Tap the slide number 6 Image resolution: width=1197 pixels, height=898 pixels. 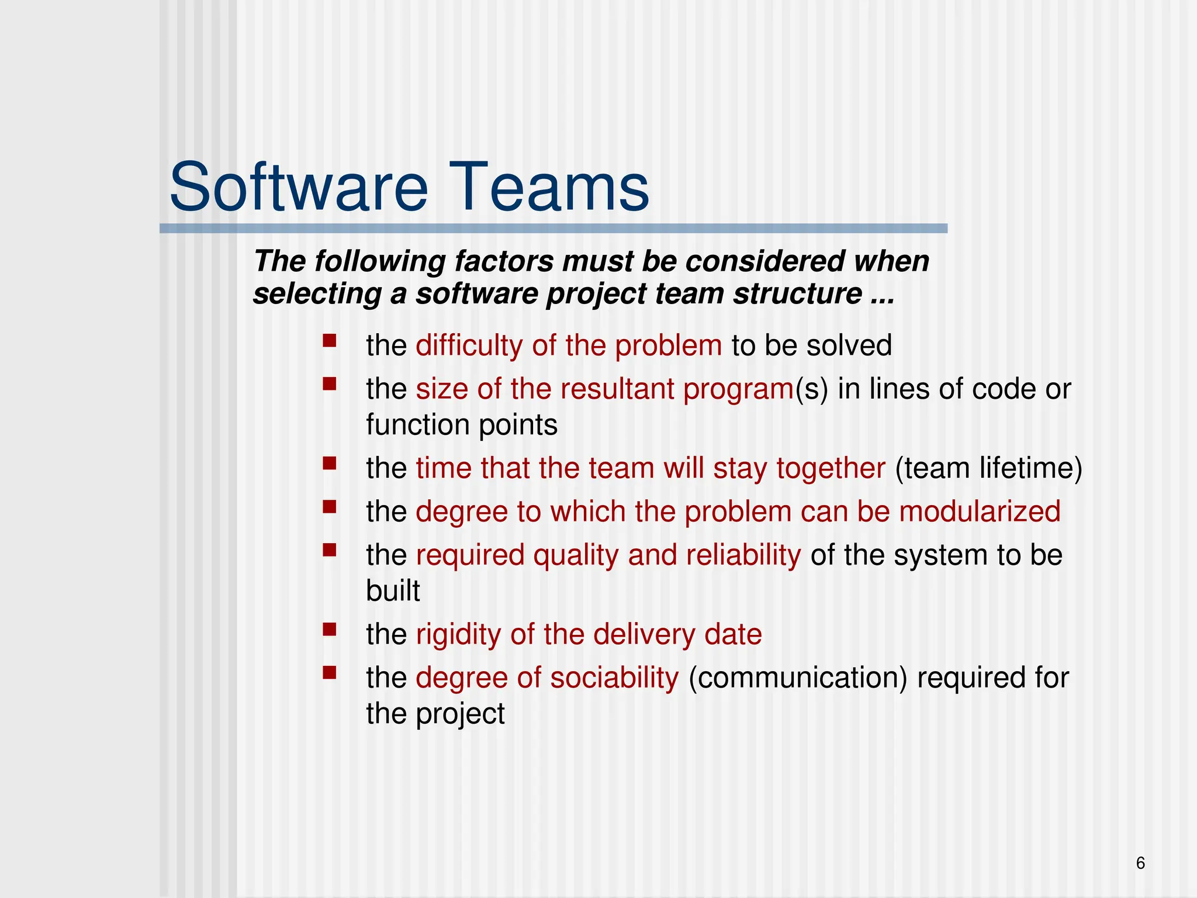1140,863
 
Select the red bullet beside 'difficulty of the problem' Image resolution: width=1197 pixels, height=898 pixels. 330,341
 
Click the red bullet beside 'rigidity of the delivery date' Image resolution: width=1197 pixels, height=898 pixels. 330,630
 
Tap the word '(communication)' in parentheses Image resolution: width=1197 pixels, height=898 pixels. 798,678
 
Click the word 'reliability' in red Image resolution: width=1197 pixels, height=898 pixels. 743,555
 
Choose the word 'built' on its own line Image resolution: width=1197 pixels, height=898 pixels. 393,590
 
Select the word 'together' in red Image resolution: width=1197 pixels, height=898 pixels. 831,469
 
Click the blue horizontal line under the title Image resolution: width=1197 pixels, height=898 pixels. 553,229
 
